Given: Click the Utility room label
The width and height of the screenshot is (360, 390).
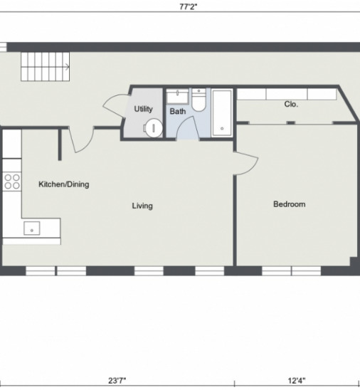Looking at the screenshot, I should coord(143,109).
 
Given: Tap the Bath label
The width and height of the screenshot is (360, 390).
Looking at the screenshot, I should coord(177,112).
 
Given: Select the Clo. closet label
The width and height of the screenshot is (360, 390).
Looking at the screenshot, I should coord(291,104).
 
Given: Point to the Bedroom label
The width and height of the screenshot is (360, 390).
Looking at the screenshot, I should coord(289,204).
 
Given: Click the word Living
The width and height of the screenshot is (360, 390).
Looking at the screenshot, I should coord(142,206).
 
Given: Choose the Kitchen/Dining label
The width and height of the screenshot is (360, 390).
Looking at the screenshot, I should coord(63,184).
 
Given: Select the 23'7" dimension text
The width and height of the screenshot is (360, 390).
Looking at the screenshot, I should coord(117,381).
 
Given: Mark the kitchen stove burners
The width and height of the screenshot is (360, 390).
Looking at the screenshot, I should coord(11,181).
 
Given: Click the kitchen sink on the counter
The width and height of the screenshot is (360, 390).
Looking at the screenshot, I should coord(32,228).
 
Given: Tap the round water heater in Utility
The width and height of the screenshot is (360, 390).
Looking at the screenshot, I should coord(153,128).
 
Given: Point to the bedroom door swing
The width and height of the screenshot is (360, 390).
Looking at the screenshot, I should coord(246,162).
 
